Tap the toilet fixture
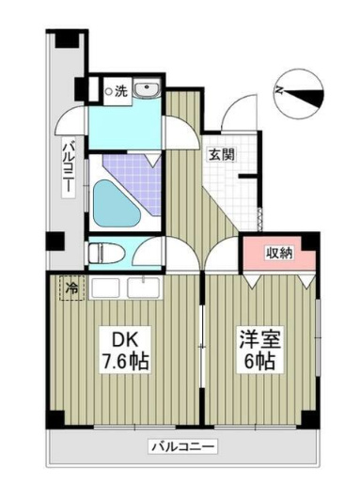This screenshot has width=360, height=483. point(103,253)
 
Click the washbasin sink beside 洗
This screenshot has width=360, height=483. point(148,90)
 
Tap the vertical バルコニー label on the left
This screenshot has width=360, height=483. point(69,167)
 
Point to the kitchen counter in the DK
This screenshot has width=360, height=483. point(131,287)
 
